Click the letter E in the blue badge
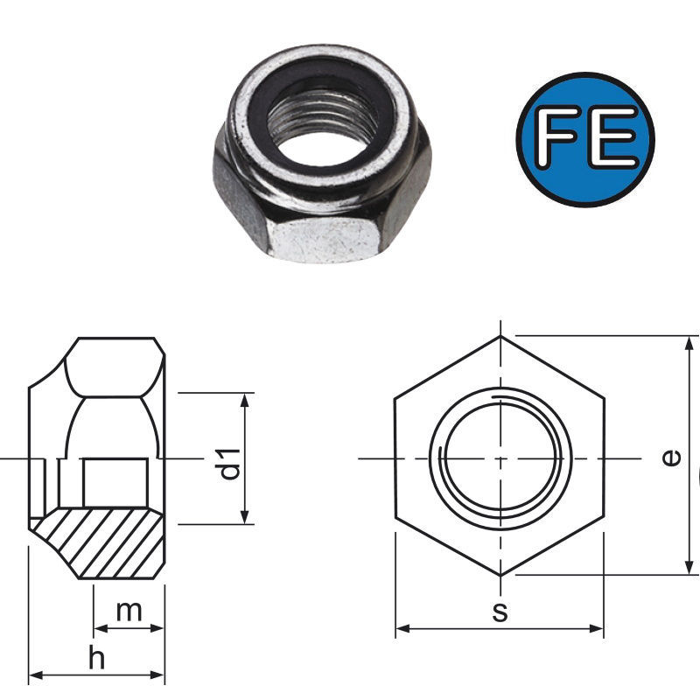point(612,137)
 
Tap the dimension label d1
point(230,465)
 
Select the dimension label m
point(129,611)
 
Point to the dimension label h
point(96,658)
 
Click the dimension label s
point(500,612)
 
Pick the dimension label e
point(672,458)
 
